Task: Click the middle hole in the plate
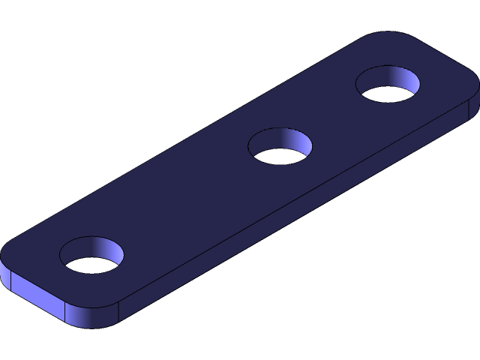pyautogui.click(x=280, y=146)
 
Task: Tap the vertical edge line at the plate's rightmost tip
pyautogui.click(x=469, y=109)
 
